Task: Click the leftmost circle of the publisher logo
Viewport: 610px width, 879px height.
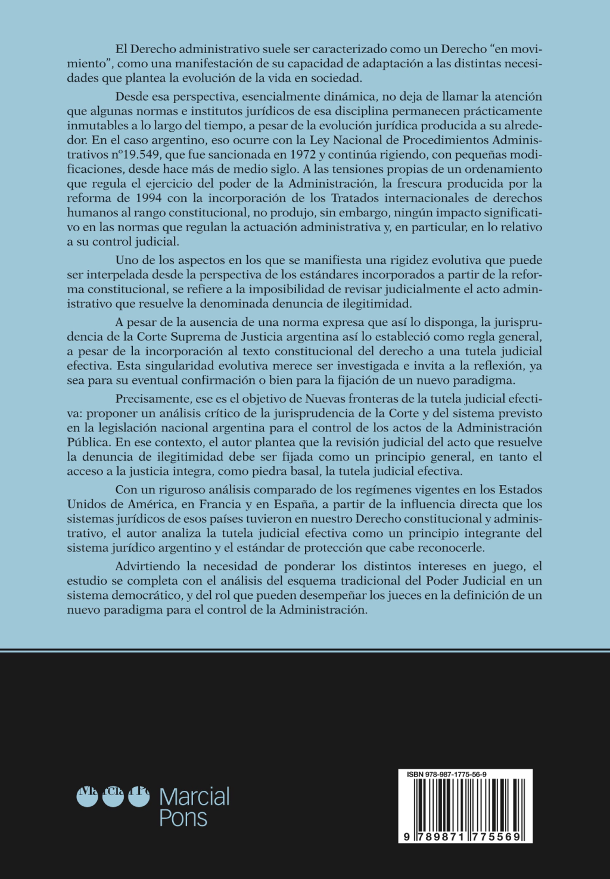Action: [88, 797]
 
